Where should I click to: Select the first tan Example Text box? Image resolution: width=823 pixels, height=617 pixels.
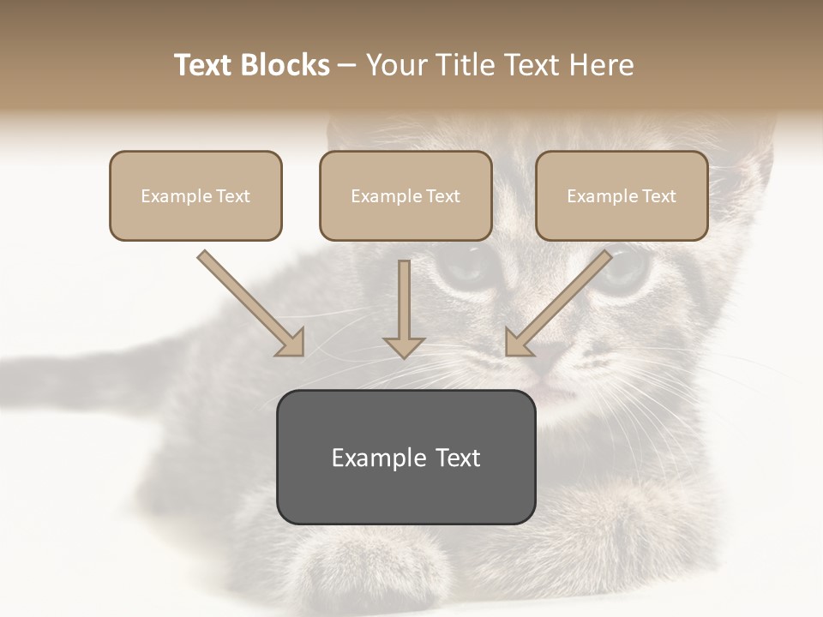pos(195,196)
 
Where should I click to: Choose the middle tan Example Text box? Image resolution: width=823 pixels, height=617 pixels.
pos(405,196)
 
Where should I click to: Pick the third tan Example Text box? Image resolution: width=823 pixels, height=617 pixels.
pos(622,196)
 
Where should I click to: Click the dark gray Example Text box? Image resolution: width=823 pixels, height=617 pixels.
pos(405,457)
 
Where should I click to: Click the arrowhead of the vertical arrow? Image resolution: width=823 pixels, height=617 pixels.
pos(404,346)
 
